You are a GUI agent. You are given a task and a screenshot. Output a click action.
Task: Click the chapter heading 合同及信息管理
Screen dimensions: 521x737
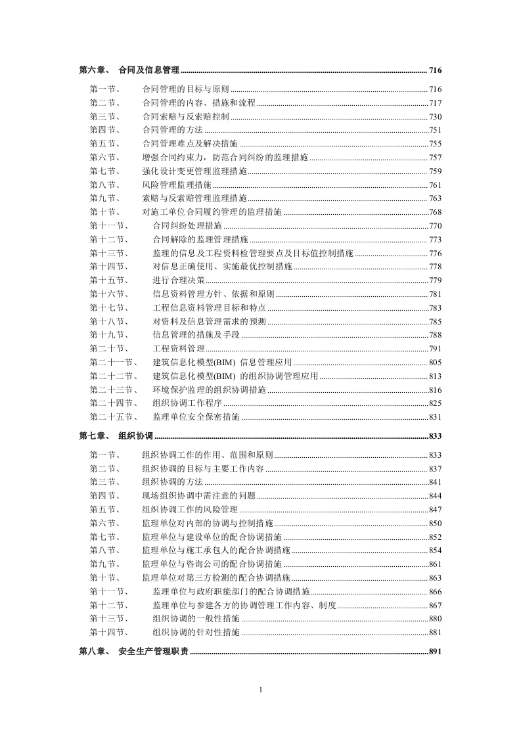[x=149, y=70]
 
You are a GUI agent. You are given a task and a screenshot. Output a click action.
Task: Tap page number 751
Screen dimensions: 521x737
[x=435, y=130]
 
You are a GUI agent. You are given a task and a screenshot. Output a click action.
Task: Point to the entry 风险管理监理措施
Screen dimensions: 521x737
[x=177, y=185]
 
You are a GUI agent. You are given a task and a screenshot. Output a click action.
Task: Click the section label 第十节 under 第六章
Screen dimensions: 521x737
[x=104, y=212]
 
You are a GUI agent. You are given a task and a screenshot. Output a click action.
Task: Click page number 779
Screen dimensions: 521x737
[x=435, y=280]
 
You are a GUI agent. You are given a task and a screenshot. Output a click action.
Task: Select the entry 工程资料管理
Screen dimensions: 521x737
[x=178, y=348]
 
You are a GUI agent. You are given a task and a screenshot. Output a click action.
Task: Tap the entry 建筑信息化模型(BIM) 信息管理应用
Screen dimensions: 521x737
[x=222, y=362]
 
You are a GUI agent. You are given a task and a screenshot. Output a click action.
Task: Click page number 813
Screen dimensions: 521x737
[x=435, y=376]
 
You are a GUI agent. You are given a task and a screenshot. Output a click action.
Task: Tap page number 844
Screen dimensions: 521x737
[x=435, y=496]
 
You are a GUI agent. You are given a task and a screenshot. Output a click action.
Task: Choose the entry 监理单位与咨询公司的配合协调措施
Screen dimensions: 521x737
[x=212, y=564]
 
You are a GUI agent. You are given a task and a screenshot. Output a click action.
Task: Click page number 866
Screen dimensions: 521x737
[x=435, y=592]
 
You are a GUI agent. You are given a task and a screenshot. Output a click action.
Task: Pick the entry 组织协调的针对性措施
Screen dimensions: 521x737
[x=196, y=633]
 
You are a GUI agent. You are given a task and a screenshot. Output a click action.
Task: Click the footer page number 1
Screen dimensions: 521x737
[x=261, y=690]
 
